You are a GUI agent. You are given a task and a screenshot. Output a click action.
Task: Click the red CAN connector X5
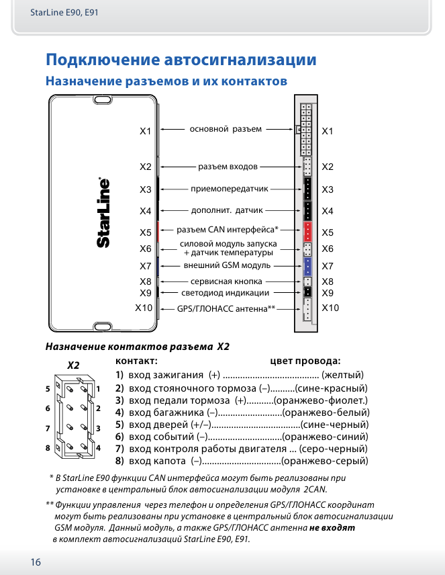307,232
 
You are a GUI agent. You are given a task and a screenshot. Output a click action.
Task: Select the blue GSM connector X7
307,266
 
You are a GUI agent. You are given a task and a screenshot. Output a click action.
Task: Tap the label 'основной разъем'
226,129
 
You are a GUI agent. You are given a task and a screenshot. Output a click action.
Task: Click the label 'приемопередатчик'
230,189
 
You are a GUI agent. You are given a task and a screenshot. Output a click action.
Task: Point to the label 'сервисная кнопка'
226,282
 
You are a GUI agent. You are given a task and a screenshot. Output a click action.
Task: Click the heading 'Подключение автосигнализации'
181,60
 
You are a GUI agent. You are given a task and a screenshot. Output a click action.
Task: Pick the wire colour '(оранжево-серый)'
325,461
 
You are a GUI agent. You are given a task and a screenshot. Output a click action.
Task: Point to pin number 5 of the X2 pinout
48,389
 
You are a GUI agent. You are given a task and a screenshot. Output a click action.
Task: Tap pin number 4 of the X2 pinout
98,447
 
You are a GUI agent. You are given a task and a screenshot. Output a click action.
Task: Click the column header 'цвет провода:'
305,360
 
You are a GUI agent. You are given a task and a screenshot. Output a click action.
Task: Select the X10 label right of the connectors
330,308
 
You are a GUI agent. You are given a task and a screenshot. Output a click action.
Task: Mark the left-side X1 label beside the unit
146,131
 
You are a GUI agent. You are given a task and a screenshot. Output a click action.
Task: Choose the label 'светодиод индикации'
226,293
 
